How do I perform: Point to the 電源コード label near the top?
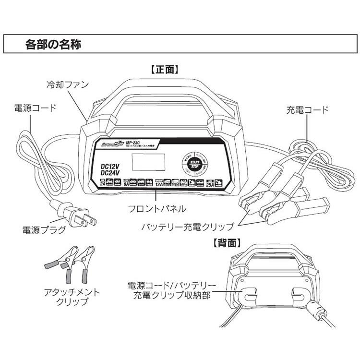(x=35, y=108)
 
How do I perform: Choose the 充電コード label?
(x=308, y=110)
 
